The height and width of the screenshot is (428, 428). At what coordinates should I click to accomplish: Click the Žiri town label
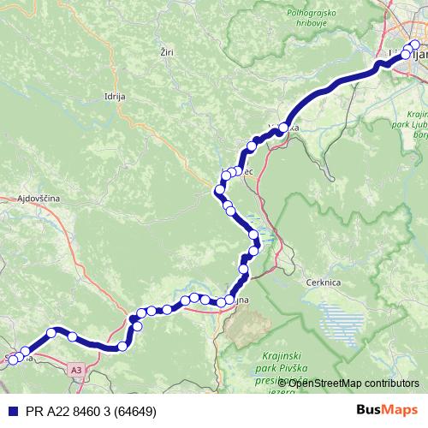point(166,53)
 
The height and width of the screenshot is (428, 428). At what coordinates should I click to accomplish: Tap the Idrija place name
point(114,98)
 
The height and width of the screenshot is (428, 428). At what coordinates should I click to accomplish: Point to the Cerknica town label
point(322,281)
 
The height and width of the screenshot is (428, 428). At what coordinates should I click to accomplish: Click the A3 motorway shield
point(77,369)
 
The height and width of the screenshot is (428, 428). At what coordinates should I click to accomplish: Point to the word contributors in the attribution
point(389,383)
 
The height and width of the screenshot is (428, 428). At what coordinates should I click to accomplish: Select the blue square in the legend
point(10,411)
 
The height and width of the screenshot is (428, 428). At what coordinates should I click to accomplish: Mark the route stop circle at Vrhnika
point(282,129)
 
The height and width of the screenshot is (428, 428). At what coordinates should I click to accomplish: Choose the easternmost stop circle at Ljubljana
point(417,45)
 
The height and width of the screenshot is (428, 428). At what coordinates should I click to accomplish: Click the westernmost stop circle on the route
point(12,360)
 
